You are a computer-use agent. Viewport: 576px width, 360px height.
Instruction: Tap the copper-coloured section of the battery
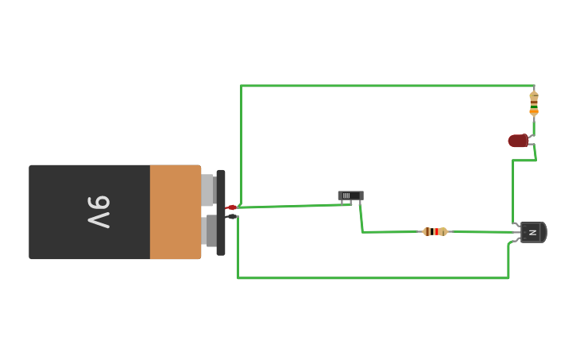[x=175, y=212]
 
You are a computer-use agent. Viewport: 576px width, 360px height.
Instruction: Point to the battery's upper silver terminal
[x=208, y=190]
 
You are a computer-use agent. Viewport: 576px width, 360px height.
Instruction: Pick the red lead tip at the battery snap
[x=231, y=207]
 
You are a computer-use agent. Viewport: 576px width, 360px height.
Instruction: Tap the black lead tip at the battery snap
[x=231, y=216]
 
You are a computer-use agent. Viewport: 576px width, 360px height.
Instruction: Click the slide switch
[x=350, y=195]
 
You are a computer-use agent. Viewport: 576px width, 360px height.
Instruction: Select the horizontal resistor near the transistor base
[x=435, y=232]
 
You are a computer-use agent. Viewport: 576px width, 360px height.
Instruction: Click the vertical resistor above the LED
[x=534, y=103]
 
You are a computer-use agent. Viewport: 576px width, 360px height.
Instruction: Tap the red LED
[x=519, y=141]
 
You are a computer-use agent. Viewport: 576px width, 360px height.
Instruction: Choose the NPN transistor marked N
[x=532, y=232]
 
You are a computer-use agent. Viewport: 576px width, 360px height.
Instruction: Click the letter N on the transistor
[x=533, y=233]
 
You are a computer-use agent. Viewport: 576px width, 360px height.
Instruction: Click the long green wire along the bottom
[x=373, y=278]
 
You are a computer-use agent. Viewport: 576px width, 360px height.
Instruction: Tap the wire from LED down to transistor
[x=512, y=191]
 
